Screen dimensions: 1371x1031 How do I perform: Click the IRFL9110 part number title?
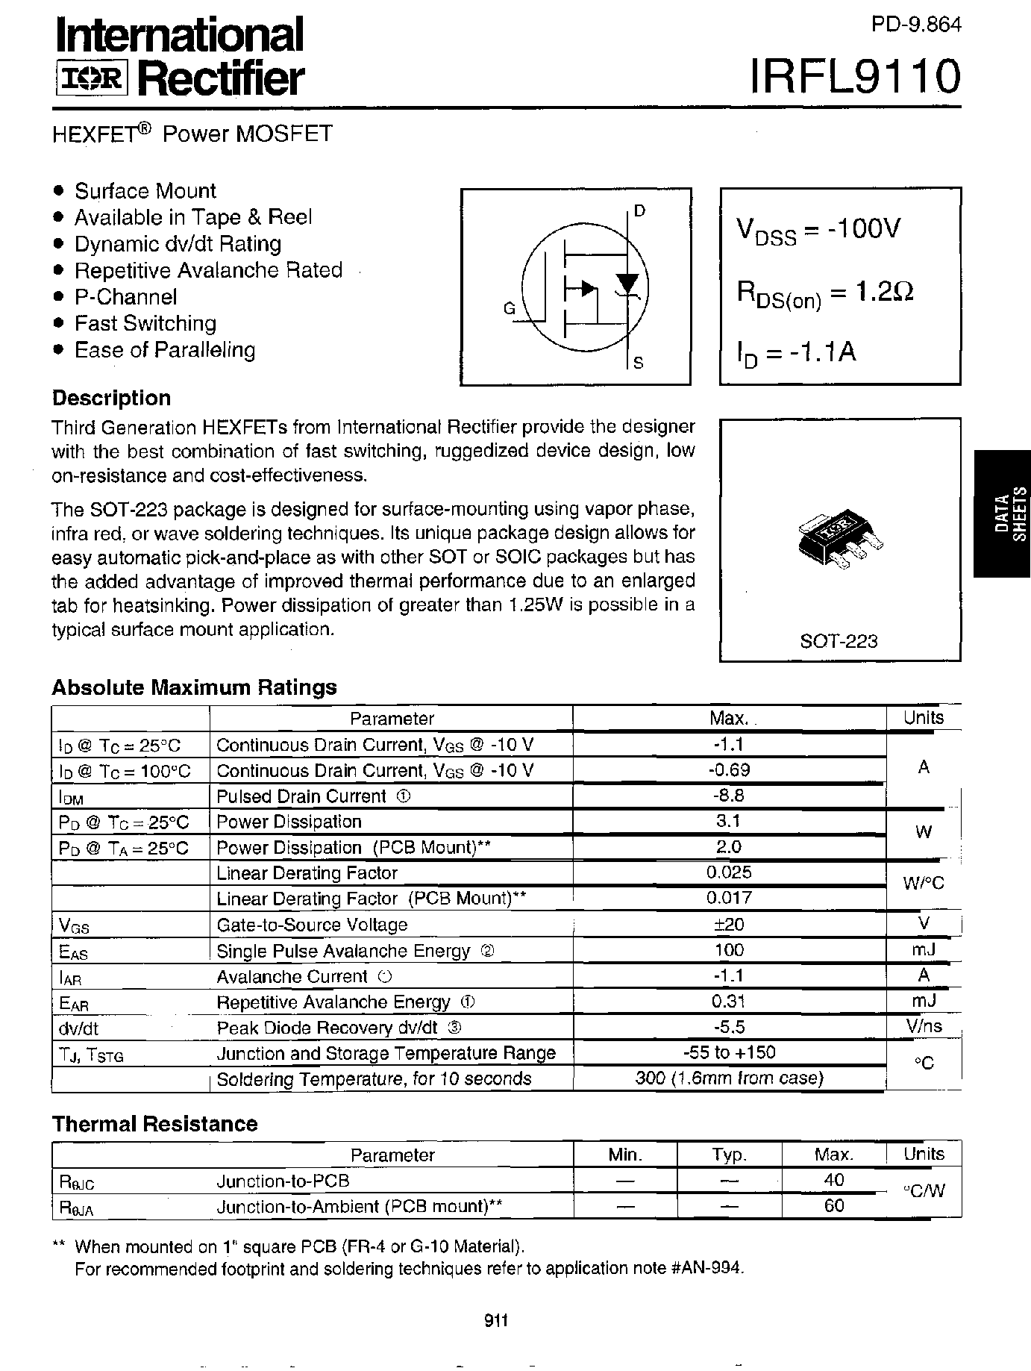[x=855, y=77]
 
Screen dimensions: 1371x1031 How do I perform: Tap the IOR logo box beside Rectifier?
[x=92, y=78]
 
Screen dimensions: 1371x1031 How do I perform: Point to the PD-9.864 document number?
[x=916, y=25]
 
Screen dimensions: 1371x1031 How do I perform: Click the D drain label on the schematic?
[x=639, y=211]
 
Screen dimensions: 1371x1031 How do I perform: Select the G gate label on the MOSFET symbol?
[x=510, y=308]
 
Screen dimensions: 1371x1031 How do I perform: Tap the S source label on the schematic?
[x=638, y=363]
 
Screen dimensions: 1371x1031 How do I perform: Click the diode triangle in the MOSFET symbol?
[x=627, y=283]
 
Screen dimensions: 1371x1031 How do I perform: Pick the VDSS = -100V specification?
[x=819, y=230]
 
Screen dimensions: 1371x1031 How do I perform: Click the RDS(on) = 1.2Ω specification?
[x=825, y=293]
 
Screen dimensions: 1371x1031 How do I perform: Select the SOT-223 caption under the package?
[x=839, y=641]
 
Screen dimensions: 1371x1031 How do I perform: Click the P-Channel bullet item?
[x=125, y=297]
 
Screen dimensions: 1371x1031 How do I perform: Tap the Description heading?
[x=111, y=398]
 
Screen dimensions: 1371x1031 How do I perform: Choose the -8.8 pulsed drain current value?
[x=728, y=796]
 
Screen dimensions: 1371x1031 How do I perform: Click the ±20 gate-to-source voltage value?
[x=728, y=924]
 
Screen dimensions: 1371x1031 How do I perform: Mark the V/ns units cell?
[x=924, y=1026]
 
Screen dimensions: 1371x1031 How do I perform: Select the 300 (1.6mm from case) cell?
[x=729, y=1078]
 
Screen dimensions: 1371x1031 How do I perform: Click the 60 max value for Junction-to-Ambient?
[x=834, y=1205]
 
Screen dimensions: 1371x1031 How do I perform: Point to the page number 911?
[x=496, y=1321]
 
